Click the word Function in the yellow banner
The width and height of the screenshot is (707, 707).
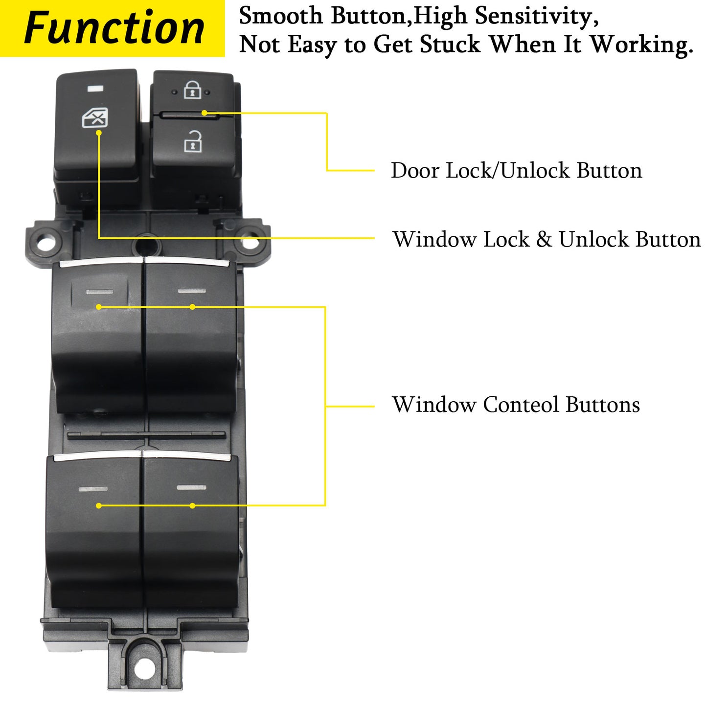[x=114, y=28]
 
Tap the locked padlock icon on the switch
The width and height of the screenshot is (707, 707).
[x=192, y=90]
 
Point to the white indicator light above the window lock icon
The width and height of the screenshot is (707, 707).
[x=95, y=89]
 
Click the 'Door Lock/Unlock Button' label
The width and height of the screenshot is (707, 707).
[x=516, y=171]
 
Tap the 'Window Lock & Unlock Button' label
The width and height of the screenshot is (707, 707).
[x=547, y=240]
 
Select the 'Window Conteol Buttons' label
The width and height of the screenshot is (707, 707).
[x=516, y=405]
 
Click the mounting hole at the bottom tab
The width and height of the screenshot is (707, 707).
[x=144, y=668]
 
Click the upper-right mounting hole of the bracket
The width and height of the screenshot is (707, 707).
[x=249, y=242]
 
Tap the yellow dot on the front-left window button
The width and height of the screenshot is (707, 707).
[x=99, y=307]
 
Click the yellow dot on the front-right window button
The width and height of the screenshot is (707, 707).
[x=192, y=307]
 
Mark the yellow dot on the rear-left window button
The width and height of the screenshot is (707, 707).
[x=99, y=505]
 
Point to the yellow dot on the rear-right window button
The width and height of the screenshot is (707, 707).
[x=192, y=505]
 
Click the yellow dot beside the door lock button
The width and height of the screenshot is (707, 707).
[x=205, y=113]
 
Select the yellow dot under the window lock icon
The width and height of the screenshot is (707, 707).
[x=99, y=133]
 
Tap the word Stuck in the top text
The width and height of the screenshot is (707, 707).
[x=450, y=45]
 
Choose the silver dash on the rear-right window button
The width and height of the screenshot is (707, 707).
[x=191, y=487]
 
